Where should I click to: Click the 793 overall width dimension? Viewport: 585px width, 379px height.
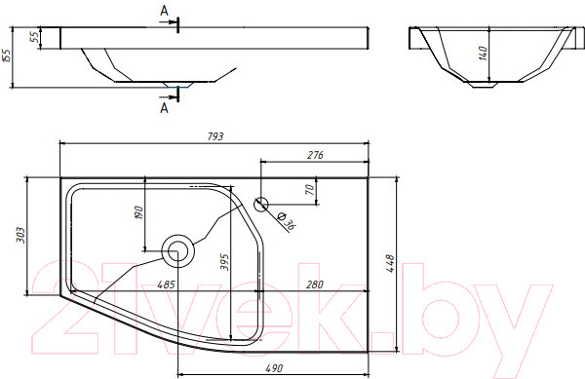(215, 136)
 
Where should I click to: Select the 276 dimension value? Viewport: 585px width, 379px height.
(315, 155)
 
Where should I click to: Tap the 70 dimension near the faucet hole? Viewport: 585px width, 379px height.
(310, 189)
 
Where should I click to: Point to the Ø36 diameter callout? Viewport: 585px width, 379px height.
(288, 221)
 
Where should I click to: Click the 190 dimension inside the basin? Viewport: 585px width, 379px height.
(138, 212)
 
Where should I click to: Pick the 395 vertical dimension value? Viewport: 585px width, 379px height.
(224, 262)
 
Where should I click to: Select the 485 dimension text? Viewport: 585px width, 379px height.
(166, 284)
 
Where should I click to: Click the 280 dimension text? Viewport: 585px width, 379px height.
(315, 284)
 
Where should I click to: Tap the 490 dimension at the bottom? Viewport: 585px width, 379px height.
(274, 368)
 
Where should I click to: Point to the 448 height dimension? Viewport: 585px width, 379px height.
(390, 263)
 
